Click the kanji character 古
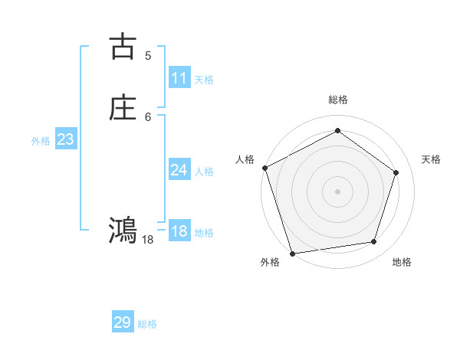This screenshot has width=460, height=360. pos(123,47)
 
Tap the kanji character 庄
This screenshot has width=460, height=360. pos(123,108)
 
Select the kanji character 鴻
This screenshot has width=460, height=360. pos(123,229)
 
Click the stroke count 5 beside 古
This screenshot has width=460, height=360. pos(148,55)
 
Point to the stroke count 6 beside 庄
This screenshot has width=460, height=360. pos(148,116)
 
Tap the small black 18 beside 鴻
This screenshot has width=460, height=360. pos(148,240)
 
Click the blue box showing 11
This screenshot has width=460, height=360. pos(179,78)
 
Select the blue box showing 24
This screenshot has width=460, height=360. pos(179,170)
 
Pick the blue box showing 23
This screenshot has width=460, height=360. pos(65,139)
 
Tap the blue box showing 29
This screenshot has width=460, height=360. pos(123,322)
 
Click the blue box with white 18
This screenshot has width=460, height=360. pos(179,231)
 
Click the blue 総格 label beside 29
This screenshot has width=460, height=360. pos(147,324)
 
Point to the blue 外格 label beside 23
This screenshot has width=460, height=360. pos(41,141)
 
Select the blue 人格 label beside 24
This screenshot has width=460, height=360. pos(204,172)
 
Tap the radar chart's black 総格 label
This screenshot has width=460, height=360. pos(337,100)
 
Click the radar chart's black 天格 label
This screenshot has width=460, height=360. pos(432,159)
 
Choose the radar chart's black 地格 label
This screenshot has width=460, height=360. pos(402,263)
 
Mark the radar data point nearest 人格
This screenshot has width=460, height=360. pos(264,168)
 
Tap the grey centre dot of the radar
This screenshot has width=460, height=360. pos(337,191)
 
